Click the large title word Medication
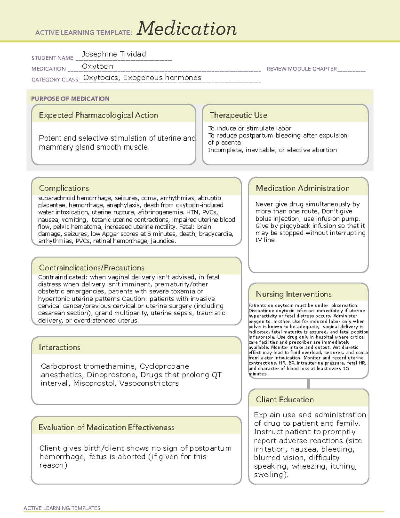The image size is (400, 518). [187, 29]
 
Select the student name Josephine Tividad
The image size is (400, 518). [114, 54]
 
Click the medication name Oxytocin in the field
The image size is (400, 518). [98, 66]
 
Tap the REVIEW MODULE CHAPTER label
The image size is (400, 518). [302, 69]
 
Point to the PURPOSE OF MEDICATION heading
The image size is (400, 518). [70, 99]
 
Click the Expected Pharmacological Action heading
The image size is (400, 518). [98, 115]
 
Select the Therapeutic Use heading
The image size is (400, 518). [238, 115]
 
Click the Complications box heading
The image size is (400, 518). [64, 188]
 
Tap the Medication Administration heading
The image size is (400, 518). [303, 188]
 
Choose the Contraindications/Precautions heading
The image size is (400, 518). [92, 268]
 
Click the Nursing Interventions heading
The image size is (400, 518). [294, 294]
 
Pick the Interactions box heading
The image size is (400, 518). [59, 348]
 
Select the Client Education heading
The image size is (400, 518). [285, 400]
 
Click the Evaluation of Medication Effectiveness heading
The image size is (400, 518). [106, 427]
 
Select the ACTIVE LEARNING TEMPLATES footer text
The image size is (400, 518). [62, 508]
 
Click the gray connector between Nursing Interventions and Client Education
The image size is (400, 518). [308, 384]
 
